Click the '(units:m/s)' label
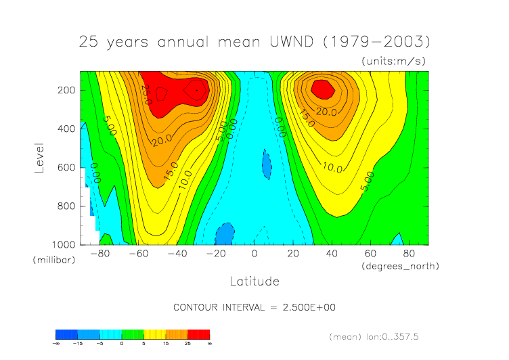[x=395, y=61]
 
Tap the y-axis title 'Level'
[x=39, y=157]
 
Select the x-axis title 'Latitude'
[x=255, y=280]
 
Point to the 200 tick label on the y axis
[x=66, y=90]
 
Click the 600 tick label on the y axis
[x=66, y=167]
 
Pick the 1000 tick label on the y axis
[x=63, y=244]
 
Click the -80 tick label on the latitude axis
[x=99, y=254]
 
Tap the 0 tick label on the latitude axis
[x=255, y=254]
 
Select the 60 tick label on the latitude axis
[x=370, y=254]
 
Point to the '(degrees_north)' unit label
[x=401, y=266]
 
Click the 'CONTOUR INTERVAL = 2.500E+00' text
[x=255, y=307]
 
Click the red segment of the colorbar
[x=199, y=334]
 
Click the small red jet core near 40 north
[x=322, y=88]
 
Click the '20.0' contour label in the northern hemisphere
[x=326, y=112]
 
